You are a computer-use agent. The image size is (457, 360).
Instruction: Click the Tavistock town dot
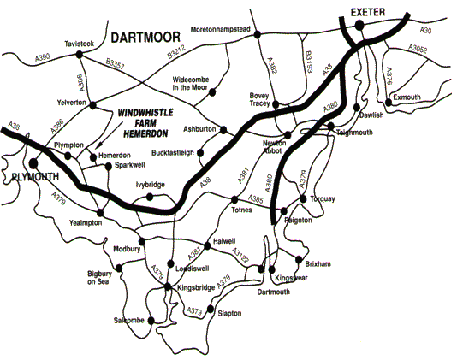click(79, 54)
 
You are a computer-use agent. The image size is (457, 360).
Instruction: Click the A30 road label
click(425, 30)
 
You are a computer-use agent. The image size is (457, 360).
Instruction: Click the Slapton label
click(230, 314)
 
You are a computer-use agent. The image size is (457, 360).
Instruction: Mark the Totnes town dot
click(237, 200)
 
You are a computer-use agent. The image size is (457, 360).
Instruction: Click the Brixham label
click(317, 265)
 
